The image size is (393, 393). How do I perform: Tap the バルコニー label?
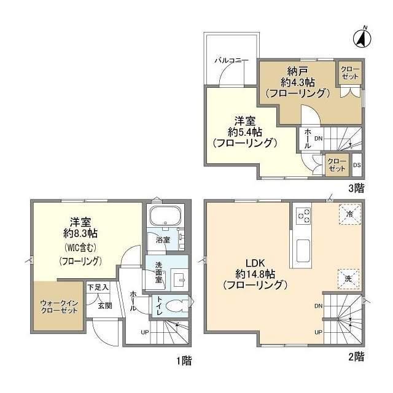(232, 61)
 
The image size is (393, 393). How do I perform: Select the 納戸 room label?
(298, 72)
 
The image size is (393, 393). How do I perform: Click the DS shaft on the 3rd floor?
(357, 165)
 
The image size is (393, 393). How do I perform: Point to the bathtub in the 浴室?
(165, 217)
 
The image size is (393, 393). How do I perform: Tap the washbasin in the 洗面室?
(179, 279)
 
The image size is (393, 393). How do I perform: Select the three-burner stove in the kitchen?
(304, 216)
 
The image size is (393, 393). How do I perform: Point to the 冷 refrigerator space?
(350, 214)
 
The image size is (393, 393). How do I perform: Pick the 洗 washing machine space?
(348, 279)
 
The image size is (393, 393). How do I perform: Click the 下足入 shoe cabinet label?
(98, 287)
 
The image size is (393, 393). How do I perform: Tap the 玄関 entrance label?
(105, 306)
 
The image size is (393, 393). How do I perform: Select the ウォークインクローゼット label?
(59, 307)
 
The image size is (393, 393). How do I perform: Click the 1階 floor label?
(184, 361)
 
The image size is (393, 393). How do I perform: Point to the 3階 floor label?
(356, 189)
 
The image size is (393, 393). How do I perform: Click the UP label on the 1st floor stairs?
(145, 333)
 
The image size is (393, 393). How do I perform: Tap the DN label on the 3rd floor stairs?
(318, 138)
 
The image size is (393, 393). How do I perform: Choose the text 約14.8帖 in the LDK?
(255, 274)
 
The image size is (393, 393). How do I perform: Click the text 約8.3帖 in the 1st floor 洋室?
(80, 234)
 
